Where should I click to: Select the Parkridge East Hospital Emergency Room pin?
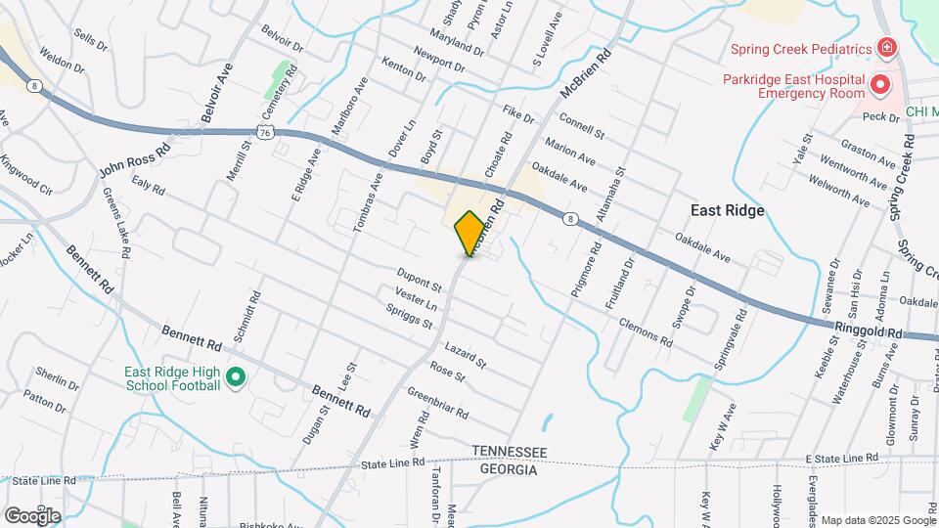879,86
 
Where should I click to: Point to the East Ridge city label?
727,210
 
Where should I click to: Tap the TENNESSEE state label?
509,452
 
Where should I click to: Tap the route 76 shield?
265,130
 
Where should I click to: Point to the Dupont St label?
420,280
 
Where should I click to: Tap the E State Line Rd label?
843,458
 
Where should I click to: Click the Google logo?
32,515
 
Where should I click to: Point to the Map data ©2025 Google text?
876,520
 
